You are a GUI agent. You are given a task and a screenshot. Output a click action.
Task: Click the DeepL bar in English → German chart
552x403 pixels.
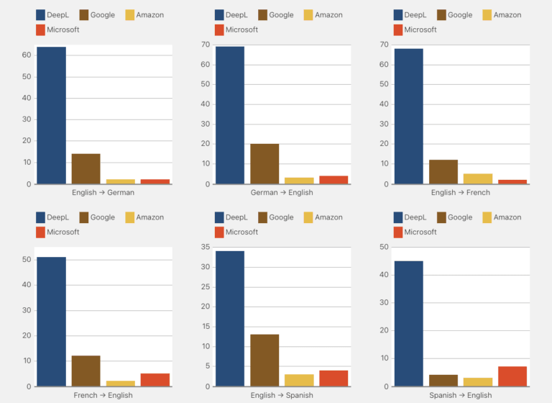[x=51, y=115]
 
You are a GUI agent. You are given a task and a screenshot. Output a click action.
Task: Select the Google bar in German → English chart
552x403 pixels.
[x=264, y=164]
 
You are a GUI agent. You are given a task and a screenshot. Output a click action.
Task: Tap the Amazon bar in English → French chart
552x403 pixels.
[x=478, y=178]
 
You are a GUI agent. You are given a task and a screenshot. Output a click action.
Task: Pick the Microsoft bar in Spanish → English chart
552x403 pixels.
[x=512, y=376]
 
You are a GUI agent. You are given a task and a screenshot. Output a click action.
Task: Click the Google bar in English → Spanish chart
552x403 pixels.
[x=264, y=360]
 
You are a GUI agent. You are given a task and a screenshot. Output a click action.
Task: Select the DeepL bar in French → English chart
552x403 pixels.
[x=51, y=322]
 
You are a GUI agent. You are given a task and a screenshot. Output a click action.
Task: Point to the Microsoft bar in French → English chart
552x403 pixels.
[x=155, y=380]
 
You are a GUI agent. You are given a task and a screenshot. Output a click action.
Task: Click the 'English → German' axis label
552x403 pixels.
[x=103, y=193]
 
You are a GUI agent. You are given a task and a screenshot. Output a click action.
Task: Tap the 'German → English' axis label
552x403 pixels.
[x=282, y=193]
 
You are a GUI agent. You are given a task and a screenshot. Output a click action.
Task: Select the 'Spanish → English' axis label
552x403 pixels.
[x=461, y=395]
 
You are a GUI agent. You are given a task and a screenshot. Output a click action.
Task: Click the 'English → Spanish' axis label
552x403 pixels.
[x=282, y=395]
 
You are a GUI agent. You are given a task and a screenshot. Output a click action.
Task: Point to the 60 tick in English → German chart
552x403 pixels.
[x=26, y=55]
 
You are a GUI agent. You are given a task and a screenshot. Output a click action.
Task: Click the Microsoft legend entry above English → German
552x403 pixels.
[x=57, y=30]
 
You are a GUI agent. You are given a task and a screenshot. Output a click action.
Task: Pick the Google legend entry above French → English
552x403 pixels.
[x=97, y=217]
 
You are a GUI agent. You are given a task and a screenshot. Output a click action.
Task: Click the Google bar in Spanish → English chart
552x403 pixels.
[x=443, y=381]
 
